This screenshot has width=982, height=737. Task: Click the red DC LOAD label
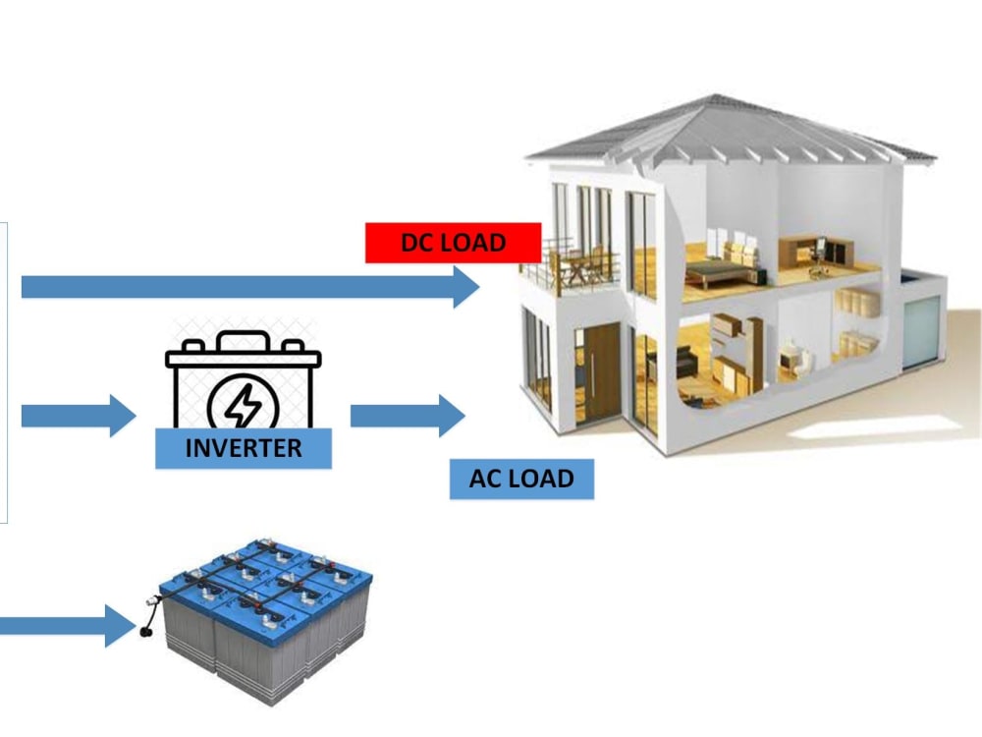453,243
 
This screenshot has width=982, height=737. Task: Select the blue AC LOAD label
521,479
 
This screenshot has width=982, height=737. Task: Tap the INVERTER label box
244,448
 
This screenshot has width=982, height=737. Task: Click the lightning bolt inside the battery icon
244,404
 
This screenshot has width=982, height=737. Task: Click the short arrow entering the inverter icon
78,416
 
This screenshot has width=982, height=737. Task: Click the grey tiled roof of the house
727,133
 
